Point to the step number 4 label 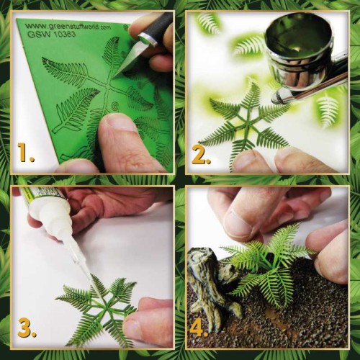(x=202, y=328)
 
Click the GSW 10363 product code (x=50, y=36)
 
